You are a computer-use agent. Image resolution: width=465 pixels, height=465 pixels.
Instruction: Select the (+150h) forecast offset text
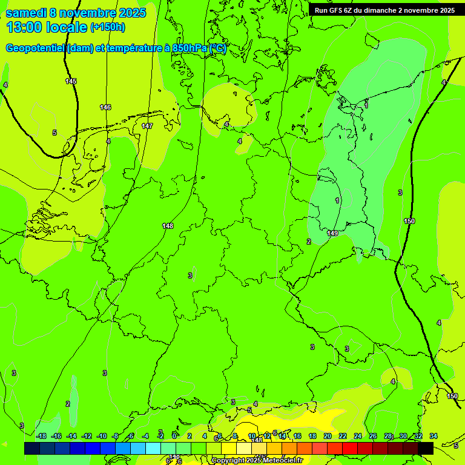coord(108,27)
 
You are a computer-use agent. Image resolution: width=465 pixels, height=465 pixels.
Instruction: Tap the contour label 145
coord(71,81)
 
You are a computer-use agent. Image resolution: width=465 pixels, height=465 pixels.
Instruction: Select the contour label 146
coord(105,107)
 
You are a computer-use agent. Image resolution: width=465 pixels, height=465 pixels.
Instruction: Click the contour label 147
coord(147,126)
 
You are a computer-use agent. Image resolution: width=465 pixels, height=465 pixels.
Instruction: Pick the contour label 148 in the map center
coord(168,226)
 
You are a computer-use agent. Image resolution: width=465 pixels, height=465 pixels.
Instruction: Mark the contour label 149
coord(332,233)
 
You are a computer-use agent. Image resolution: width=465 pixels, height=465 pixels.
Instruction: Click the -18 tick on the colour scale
coord(41,436)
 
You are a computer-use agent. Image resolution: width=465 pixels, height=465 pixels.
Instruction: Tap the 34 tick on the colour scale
coord(434,436)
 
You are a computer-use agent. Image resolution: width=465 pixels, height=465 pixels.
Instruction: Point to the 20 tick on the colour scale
coord(328,436)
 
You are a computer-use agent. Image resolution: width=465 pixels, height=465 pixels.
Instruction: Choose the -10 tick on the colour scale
coord(102,436)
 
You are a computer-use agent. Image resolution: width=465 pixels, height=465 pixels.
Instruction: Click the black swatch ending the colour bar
coord(426,448)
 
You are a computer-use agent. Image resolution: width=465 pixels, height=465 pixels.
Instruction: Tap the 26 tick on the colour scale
coord(373,436)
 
